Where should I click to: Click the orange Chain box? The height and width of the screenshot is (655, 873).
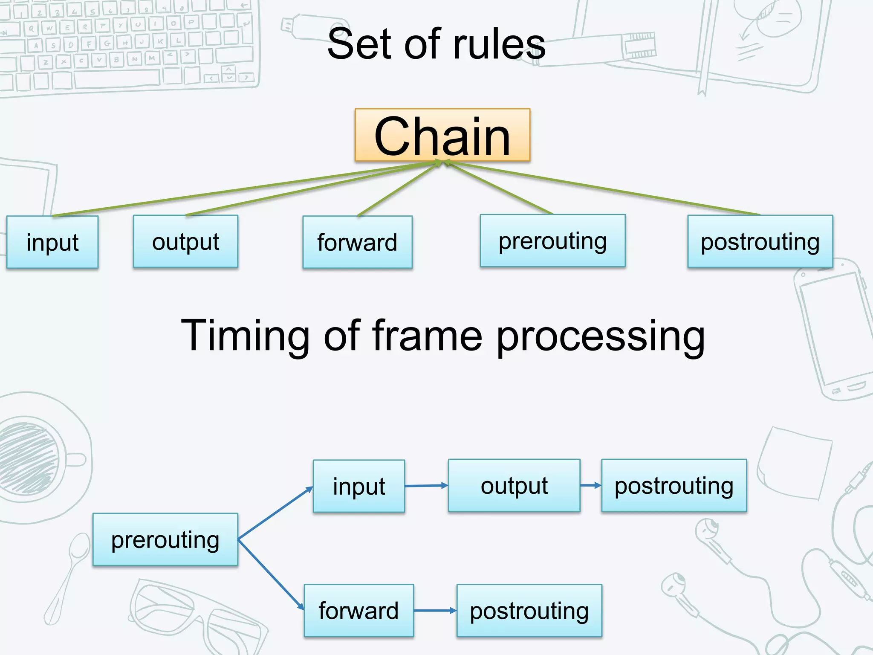[442, 135]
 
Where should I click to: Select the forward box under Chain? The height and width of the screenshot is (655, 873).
[357, 242]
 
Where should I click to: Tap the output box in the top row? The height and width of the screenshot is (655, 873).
[185, 241]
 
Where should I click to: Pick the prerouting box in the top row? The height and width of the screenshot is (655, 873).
[552, 241]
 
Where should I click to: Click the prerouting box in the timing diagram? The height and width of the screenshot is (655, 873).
[165, 539]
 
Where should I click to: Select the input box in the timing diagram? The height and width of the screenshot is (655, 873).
[358, 486]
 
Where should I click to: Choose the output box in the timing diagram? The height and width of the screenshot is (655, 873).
[514, 485]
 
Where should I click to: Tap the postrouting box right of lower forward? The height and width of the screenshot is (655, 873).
[529, 611]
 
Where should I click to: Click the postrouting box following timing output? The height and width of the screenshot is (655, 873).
[674, 485]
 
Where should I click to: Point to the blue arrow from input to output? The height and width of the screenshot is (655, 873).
[426, 486]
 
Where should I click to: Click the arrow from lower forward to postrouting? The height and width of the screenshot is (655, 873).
[435, 611]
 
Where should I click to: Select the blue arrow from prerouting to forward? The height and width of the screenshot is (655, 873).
[271, 575]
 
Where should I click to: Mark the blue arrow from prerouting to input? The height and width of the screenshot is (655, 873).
[275, 513]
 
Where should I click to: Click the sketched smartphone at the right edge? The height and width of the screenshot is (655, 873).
[831, 333]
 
